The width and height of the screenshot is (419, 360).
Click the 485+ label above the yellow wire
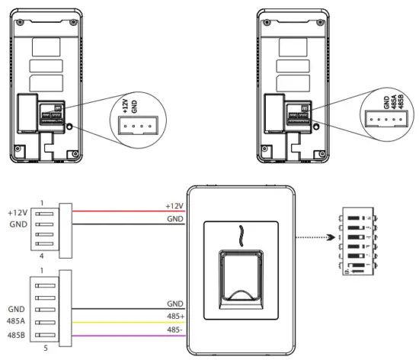point(174,315)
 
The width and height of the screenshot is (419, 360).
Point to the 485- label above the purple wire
point(174,329)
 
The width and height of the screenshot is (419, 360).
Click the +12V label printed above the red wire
point(174,205)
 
